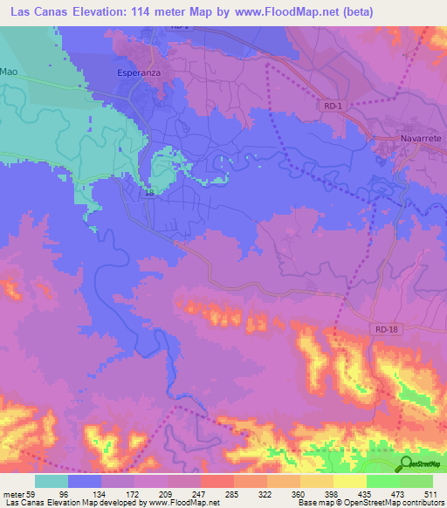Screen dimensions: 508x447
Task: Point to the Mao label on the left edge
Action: tap(9, 70)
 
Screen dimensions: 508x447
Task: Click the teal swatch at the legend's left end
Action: tap(52, 481)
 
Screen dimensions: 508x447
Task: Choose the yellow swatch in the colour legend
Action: tap(350, 481)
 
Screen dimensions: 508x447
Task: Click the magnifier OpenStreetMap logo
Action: tap(406, 463)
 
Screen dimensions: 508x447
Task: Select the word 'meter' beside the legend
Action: tap(15, 495)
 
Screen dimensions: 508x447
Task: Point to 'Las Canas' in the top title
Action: tap(39, 11)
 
